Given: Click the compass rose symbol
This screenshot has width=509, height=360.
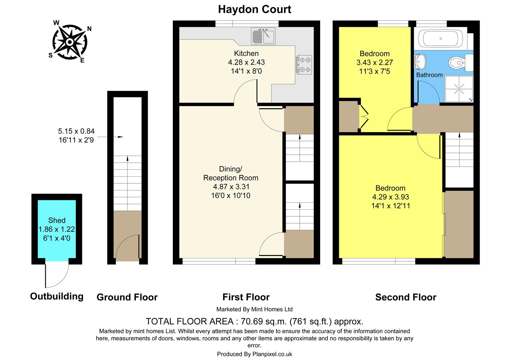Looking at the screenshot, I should coord(69,42).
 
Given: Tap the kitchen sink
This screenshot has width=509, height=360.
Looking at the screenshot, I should coord(263,36).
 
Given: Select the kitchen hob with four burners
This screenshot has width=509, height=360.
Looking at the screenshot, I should coord(304,64).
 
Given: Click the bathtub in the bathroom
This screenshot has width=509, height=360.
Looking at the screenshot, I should coord(440,39).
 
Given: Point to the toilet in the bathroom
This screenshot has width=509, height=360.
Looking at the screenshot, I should coord(458,62).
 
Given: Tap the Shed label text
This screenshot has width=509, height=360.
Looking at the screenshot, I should coord(57,220).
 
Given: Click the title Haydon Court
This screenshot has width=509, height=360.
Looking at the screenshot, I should coord(254,9).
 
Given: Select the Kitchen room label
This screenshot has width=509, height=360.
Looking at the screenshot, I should coord(246,53).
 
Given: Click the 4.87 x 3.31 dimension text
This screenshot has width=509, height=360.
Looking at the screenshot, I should coord(231,187).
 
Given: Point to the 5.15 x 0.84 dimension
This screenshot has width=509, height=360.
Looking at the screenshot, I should coord(77,131).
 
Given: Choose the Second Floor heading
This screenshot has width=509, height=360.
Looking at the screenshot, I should coord(405,297).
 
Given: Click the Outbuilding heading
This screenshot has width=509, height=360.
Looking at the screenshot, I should coord(57,296).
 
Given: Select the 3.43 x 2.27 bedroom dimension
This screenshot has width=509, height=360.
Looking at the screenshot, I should coord(374,62).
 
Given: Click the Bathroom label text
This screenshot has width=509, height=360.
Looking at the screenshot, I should coord(429,75).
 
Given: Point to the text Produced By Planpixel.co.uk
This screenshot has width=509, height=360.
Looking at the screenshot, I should coord(254,354).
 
